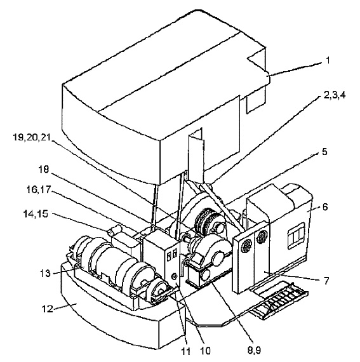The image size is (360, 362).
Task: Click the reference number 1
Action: tap(328, 60)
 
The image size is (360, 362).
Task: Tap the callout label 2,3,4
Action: tap(335, 95)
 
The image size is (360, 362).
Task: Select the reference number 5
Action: tap(324, 152)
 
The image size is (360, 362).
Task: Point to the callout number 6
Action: tap(324, 206)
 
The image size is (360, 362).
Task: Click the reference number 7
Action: tap(326, 281)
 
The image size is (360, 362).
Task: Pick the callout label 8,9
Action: tap(254, 350)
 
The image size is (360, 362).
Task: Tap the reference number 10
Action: tap(204, 351)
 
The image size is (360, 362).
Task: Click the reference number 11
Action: tap(186, 351)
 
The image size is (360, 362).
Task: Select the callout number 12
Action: tap(48, 309)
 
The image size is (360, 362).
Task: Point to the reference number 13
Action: tap(45, 273)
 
